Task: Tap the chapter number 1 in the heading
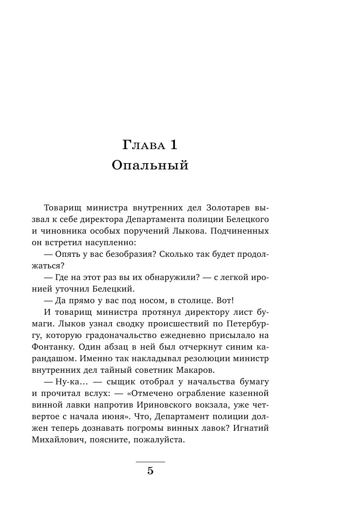pos(173,145)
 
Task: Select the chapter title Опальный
pos(150,166)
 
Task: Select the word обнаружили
pos(169,277)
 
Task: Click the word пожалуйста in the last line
pos(162,439)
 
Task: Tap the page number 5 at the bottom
pos(150,471)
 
